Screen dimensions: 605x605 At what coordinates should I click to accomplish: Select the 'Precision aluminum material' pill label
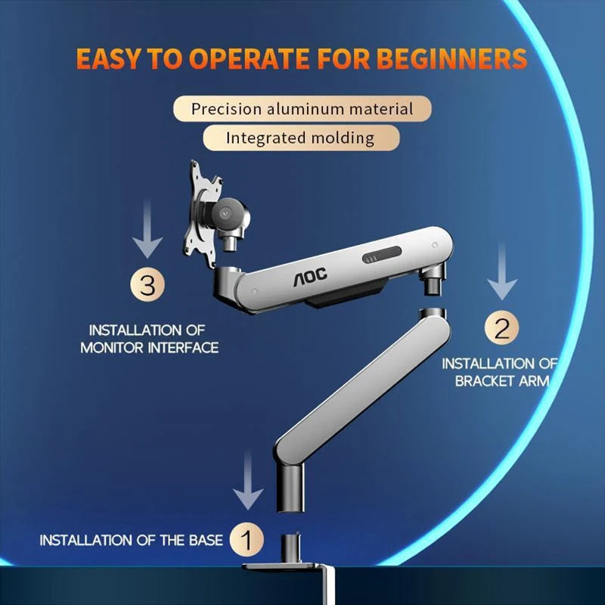(x=302, y=108)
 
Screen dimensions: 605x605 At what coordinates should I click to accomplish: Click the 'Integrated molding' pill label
(x=300, y=138)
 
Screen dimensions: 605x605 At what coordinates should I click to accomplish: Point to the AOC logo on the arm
(x=310, y=278)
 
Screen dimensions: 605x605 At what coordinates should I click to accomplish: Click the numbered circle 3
(x=147, y=286)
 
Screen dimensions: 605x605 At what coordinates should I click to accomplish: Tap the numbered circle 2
(x=501, y=329)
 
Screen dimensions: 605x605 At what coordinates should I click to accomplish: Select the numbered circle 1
(x=245, y=540)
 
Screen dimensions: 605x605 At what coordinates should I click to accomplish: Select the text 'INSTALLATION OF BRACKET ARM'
(x=500, y=372)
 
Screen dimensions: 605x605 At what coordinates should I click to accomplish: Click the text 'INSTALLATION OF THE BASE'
(x=131, y=540)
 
